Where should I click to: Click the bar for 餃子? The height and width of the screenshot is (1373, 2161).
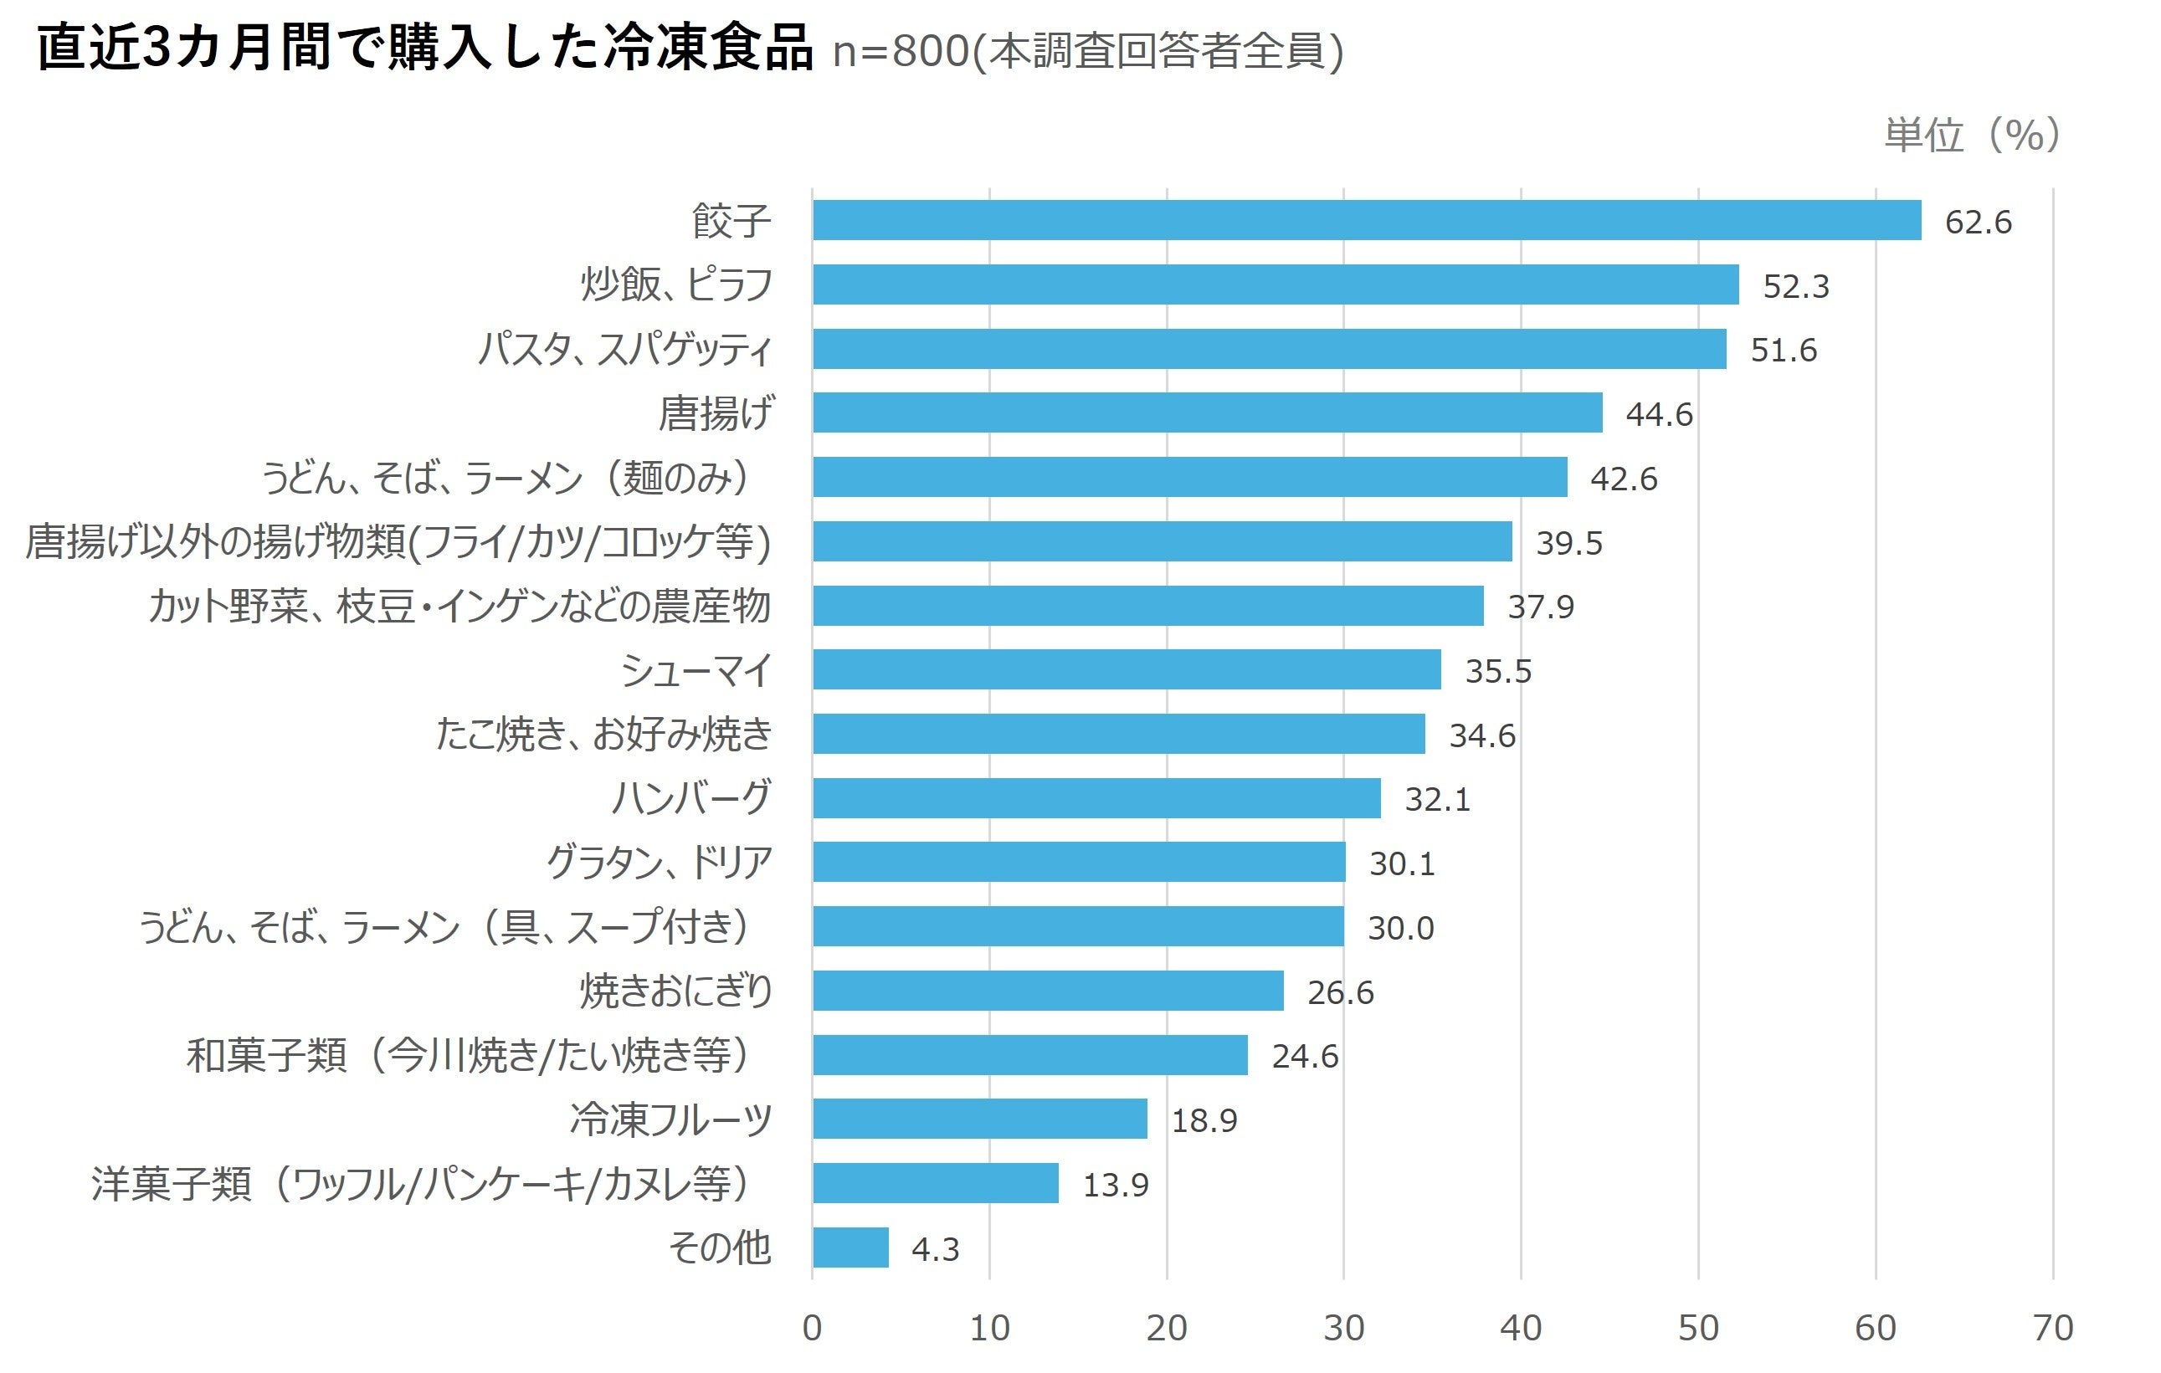pyautogui.click(x=1366, y=220)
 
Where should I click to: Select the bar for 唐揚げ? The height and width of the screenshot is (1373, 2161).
pyautogui.click(x=1207, y=412)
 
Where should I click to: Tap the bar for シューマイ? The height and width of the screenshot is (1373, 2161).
pyautogui.click(x=1127, y=669)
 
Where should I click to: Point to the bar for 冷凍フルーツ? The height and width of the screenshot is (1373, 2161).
pyautogui.click(x=979, y=1119)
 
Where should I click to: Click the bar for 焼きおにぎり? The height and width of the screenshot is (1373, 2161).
pyautogui.click(x=1047, y=991)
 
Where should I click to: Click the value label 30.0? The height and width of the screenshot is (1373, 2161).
pyautogui.click(x=1400, y=928)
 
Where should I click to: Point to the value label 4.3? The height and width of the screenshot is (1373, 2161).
pyautogui.click(x=935, y=1249)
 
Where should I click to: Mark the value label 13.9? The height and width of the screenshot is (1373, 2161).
pyautogui.click(x=1115, y=1185)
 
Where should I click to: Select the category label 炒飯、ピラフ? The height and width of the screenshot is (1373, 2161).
pyautogui.click(x=675, y=284)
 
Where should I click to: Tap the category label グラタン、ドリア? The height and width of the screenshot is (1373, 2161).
pyautogui.click(x=659, y=863)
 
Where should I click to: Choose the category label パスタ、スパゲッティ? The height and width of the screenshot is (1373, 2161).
pyautogui.click(x=624, y=349)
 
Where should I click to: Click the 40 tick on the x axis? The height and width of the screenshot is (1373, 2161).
pyautogui.click(x=1520, y=1328)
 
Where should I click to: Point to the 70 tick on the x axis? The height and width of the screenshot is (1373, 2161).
pyautogui.click(x=2052, y=1328)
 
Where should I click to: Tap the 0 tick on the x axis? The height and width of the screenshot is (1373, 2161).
pyautogui.click(x=811, y=1328)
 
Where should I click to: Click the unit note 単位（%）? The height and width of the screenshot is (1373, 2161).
pyautogui.click(x=1972, y=135)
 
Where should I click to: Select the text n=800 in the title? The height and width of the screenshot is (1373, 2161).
pyautogui.click(x=900, y=51)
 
